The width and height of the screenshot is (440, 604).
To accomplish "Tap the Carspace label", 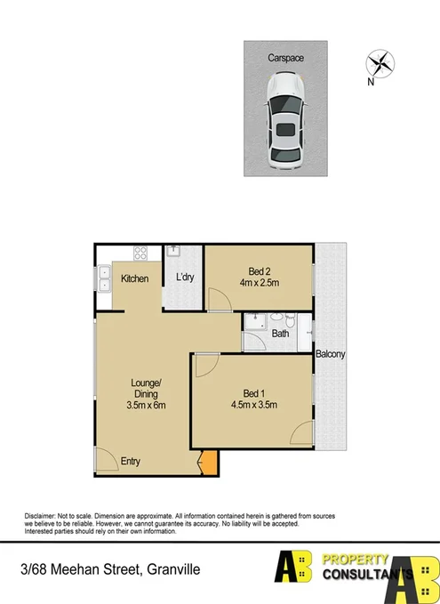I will click(286, 57).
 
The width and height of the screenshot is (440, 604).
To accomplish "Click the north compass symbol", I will click(380, 65).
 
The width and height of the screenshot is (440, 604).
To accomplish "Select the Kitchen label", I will click(135, 279).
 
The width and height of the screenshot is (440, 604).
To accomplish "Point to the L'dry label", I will click(185, 278).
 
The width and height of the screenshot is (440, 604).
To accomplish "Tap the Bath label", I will click(280, 334).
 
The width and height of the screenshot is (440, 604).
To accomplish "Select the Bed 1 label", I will click(254, 393).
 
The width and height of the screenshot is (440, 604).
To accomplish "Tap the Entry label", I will click(131, 461).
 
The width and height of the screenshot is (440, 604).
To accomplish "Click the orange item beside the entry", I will click(209, 463).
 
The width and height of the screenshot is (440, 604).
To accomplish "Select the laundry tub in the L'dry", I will click(175, 253).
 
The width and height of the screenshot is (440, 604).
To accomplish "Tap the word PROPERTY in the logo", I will click(354, 560).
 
